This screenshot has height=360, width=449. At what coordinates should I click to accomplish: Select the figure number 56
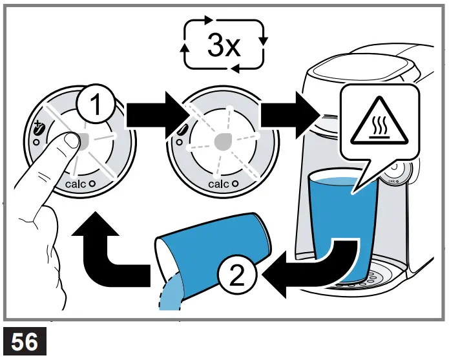25,341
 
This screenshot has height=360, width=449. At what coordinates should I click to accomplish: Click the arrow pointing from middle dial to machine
291,114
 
